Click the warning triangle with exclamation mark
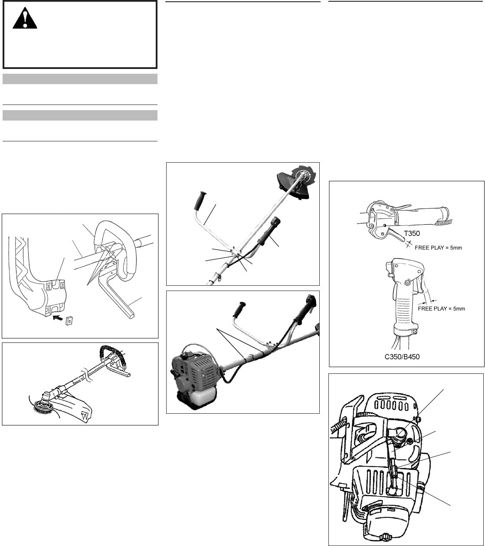click(x=25, y=18)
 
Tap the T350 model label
click(x=412, y=233)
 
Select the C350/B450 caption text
click(x=402, y=357)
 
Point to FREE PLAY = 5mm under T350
click(x=438, y=248)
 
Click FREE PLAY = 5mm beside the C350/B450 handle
click(x=441, y=309)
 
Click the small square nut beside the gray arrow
click(x=69, y=320)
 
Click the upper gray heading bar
click(x=80, y=79)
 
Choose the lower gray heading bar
click(x=80, y=115)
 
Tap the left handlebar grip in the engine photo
click(x=239, y=310)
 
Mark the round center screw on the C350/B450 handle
click(x=407, y=282)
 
